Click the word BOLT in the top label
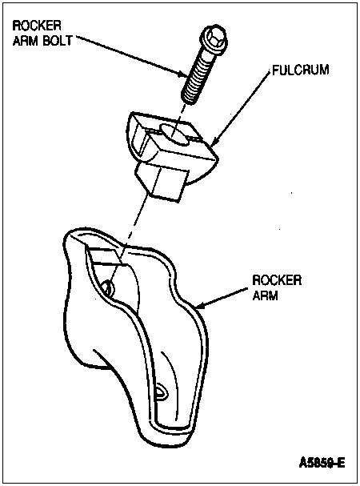(x=57, y=41)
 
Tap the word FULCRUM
(x=300, y=70)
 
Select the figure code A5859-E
(x=322, y=463)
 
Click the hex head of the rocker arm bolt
(x=215, y=38)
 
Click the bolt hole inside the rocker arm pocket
(x=109, y=287)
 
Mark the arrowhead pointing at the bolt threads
(x=184, y=74)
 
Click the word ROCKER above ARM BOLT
(x=37, y=26)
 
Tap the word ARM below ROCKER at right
(x=265, y=295)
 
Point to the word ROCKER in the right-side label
(x=277, y=280)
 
